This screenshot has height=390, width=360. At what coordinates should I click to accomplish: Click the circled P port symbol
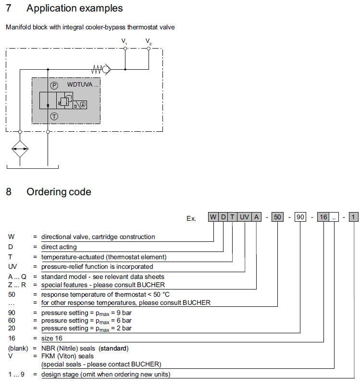click(54, 85)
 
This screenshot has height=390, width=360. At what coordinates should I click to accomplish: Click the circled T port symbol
click(54, 116)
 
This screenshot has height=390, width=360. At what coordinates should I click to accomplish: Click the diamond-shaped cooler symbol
click(20, 150)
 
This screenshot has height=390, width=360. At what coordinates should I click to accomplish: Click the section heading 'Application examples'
click(74, 9)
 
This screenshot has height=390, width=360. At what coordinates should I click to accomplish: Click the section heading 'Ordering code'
click(59, 192)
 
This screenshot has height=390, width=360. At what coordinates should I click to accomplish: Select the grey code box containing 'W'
click(213, 217)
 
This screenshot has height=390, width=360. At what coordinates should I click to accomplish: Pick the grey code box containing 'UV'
click(245, 217)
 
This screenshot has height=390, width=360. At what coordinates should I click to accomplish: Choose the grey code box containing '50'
click(277, 217)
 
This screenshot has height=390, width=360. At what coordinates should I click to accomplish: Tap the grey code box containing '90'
click(300, 217)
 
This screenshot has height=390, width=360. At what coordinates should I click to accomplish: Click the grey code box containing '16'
click(323, 217)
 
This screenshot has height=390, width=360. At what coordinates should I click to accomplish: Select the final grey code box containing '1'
click(353, 217)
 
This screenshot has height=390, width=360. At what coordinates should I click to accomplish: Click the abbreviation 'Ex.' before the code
click(191, 218)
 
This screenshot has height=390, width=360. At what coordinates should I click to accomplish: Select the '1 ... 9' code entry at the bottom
click(17, 374)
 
